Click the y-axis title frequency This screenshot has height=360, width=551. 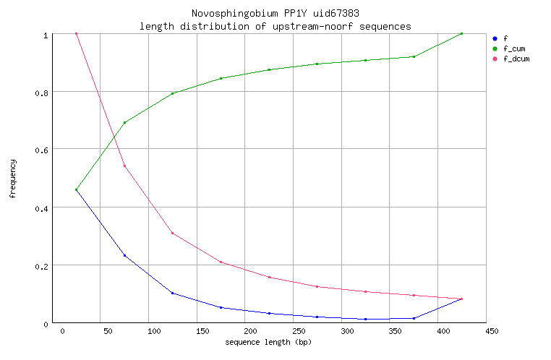[12, 179]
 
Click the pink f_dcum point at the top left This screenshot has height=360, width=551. [76, 34]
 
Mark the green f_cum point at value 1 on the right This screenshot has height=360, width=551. [461, 34]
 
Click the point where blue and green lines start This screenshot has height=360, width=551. [76, 190]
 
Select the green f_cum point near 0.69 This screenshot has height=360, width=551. [124, 123]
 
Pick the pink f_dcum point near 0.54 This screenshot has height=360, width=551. [124, 166]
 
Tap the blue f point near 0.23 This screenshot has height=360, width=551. [124, 255]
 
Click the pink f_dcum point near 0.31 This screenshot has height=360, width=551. [172, 233]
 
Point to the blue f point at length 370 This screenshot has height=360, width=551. [413, 318]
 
